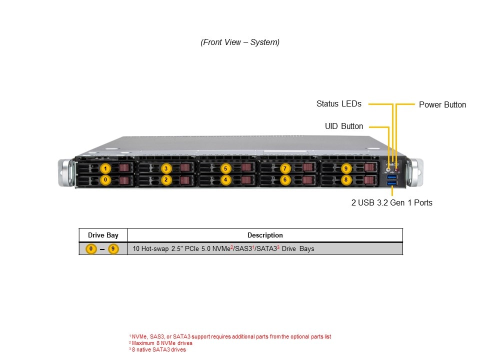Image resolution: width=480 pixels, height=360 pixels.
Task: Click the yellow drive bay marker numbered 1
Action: point(105,168)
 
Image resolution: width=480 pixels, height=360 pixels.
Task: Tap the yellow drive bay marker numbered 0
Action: point(105,179)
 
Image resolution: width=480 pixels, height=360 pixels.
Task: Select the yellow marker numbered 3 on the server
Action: point(166,168)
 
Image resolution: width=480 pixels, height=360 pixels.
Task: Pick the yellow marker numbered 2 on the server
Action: point(166,179)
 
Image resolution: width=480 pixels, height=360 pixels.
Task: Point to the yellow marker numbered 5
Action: point(225,168)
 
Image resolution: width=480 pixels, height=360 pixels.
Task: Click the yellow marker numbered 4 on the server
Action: point(225,179)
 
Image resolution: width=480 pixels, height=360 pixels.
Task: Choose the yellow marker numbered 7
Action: point(285,168)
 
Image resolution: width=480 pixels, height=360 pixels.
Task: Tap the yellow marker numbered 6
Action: point(285,179)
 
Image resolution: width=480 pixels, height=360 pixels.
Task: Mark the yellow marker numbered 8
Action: point(345,179)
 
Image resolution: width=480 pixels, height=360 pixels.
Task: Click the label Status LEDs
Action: point(338,104)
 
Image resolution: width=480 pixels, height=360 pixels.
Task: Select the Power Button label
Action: point(442,104)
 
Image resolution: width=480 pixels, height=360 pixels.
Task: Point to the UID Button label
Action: point(344,126)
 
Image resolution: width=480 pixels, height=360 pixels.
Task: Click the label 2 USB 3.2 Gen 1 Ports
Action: point(391,202)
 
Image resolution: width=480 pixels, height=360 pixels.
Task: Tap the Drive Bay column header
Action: point(103,235)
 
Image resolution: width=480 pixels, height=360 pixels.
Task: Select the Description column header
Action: point(265,235)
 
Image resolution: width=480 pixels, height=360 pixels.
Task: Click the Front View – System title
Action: point(240,42)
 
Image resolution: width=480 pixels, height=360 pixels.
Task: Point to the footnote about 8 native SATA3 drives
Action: point(158,349)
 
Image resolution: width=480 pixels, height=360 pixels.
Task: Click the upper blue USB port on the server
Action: point(392,177)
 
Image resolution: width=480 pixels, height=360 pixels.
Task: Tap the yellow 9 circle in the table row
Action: point(113,248)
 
